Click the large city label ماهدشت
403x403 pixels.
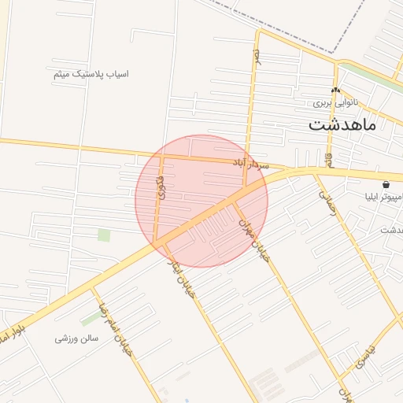(342, 124)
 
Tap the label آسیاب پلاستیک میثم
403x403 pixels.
(89, 75)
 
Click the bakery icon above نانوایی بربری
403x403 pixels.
(335, 91)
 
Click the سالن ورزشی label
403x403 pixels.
(76, 338)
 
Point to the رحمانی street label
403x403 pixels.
(327, 192)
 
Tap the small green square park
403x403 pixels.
(104, 235)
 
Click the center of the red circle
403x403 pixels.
(201, 201)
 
